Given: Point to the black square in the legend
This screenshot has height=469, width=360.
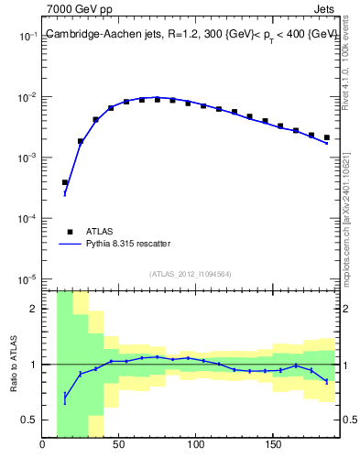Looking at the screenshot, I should pyautogui.click(x=67, y=232).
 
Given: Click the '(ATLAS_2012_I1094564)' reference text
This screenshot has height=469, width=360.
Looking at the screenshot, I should pyautogui.click(x=191, y=273).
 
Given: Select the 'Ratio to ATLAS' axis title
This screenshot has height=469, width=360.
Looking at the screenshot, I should pyautogui.click(x=15, y=364).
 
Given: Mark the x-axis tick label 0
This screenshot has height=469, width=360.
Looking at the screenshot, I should pyautogui.click(x=43, y=446).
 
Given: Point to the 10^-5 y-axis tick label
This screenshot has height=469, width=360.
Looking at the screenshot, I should pyautogui.click(x=27, y=279).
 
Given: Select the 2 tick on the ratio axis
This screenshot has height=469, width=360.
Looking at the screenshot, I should pyautogui.click(x=33, y=309).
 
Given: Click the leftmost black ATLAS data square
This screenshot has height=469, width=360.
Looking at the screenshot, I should pyautogui.click(x=65, y=182).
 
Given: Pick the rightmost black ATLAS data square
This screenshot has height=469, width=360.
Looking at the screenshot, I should pyautogui.click(x=326, y=137).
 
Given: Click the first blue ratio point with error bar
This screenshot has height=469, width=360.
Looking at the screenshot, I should pyautogui.click(x=65, y=398).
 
